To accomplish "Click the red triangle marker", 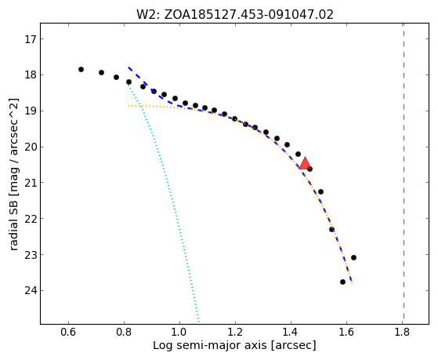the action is pyautogui.click(x=305, y=164).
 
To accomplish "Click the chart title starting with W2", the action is pyautogui.click(x=235, y=15).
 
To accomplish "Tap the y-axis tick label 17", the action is pyautogui.click(x=31, y=39).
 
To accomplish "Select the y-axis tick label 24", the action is pyautogui.click(x=31, y=291).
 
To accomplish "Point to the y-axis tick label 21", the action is pyautogui.click(x=31, y=183).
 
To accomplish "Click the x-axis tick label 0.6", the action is pyautogui.click(x=68, y=333).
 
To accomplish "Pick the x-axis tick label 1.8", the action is pyautogui.click(x=402, y=333).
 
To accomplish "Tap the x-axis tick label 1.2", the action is pyautogui.click(x=235, y=333).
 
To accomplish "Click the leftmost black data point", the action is pyautogui.click(x=81, y=69).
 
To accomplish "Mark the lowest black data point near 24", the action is pyautogui.click(x=342, y=282).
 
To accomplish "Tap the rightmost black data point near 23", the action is pyautogui.click(x=353, y=257).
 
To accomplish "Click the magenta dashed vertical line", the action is pyautogui.click(x=404, y=171).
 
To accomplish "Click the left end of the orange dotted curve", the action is pyautogui.click(x=129, y=106).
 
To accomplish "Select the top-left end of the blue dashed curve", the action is pyautogui.click(x=129, y=67).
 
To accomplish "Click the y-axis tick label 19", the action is pyautogui.click(x=31, y=111).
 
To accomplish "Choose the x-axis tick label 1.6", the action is pyautogui.click(x=346, y=333).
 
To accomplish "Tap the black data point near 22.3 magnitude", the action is pyautogui.click(x=332, y=229).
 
